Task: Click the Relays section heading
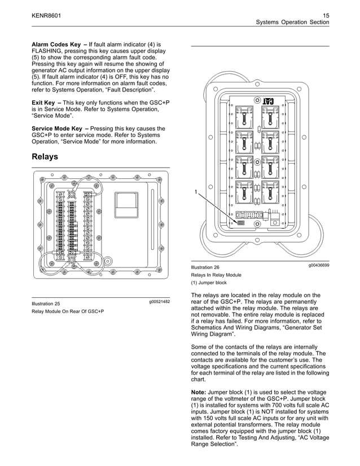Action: (x=45, y=156)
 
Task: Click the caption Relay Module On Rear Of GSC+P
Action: (x=68, y=311)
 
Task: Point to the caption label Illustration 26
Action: (x=205, y=267)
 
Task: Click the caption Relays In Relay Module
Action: (x=216, y=275)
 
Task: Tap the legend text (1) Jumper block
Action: (x=209, y=283)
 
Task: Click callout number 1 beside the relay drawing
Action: (x=196, y=192)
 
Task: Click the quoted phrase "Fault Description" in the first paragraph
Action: (x=132, y=90)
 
